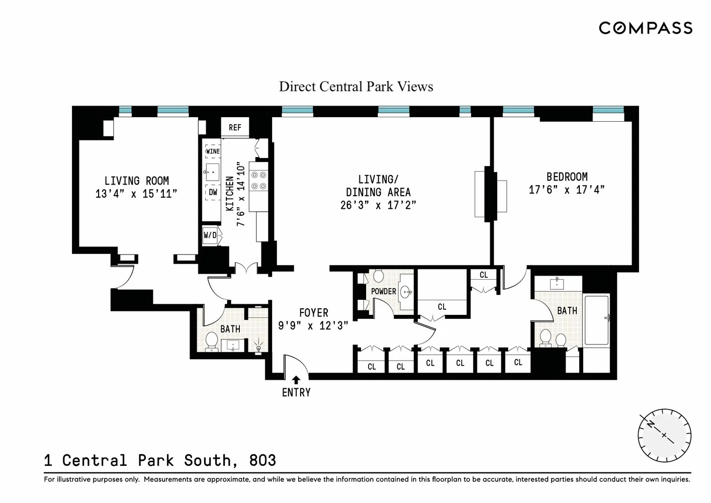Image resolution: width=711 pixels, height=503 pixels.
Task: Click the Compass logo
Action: click(646, 28)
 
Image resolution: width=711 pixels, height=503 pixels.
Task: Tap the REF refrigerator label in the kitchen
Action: click(235, 127)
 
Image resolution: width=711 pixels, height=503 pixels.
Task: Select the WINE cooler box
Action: click(213, 151)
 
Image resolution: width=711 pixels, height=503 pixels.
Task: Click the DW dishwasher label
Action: click(213, 192)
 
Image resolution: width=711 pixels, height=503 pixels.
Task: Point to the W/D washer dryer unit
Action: click(210, 235)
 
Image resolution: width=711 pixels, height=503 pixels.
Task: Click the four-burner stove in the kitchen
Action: click(258, 180)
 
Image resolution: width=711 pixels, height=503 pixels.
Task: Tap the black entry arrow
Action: click(296, 380)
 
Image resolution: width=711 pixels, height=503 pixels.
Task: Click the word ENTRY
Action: click(296, 393)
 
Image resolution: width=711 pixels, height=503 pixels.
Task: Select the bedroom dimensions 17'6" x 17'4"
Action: click(567, 190)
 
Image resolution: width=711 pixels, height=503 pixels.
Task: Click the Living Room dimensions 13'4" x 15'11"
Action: click(136, 194)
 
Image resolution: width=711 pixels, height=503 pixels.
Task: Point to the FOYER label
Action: click(314, 313)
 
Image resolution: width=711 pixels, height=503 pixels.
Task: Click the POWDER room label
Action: click(384, 291)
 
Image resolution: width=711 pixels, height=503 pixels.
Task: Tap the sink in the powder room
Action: click(406, 292)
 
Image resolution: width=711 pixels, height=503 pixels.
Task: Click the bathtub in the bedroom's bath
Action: click(597, 320)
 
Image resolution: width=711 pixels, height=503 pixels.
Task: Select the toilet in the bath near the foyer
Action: click(211, 342)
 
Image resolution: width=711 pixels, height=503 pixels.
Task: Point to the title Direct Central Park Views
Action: click(356, 87)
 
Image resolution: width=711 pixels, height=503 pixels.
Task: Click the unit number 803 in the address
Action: click(262, 460)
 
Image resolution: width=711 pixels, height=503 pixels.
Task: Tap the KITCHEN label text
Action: click(230, 193)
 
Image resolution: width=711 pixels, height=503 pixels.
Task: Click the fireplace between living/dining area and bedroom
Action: click(491, 194)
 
